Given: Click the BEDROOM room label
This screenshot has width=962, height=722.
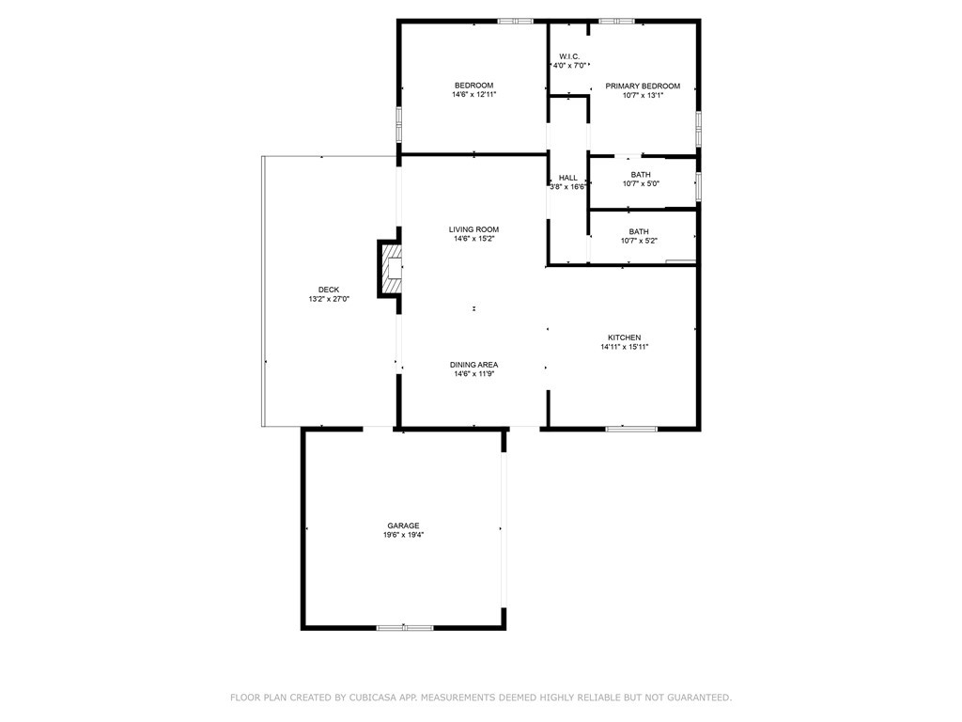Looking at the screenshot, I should click(x=473, y=86).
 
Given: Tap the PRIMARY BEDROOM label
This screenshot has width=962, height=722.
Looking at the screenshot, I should click(x=642, y=86).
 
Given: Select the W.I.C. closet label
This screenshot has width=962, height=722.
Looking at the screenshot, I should click(x=568, y=55).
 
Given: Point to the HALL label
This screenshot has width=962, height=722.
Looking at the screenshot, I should click(x=568, y=178).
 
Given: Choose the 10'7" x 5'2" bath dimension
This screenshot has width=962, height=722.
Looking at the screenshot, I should click(x=639, y=241).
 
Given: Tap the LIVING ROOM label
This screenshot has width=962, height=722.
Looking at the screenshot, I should click(x=473, y=229).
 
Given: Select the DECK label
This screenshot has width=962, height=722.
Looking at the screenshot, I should click(x=329, y=290).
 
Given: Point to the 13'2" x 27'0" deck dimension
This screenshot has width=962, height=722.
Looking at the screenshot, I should click(x=329, y=299).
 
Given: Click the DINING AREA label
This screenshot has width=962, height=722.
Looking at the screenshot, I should click(x=473, y=365).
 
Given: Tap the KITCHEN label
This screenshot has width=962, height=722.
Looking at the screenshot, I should click(x=625, y=337).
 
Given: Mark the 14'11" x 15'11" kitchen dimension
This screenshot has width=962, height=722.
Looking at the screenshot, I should click(x=625, y=347).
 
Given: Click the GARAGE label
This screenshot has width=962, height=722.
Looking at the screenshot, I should click(x=403, y=526).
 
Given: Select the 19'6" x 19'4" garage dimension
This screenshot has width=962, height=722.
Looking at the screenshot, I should click(x=403, y=535).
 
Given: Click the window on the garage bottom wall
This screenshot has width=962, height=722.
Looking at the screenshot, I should click(x=405, y=627).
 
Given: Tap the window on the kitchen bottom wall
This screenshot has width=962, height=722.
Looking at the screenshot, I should click(x=631, y=429).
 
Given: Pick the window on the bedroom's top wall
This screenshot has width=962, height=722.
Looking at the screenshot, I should click(x=515, y=21).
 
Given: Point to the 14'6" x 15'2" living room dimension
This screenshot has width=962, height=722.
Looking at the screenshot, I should click(x=473, y=239).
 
